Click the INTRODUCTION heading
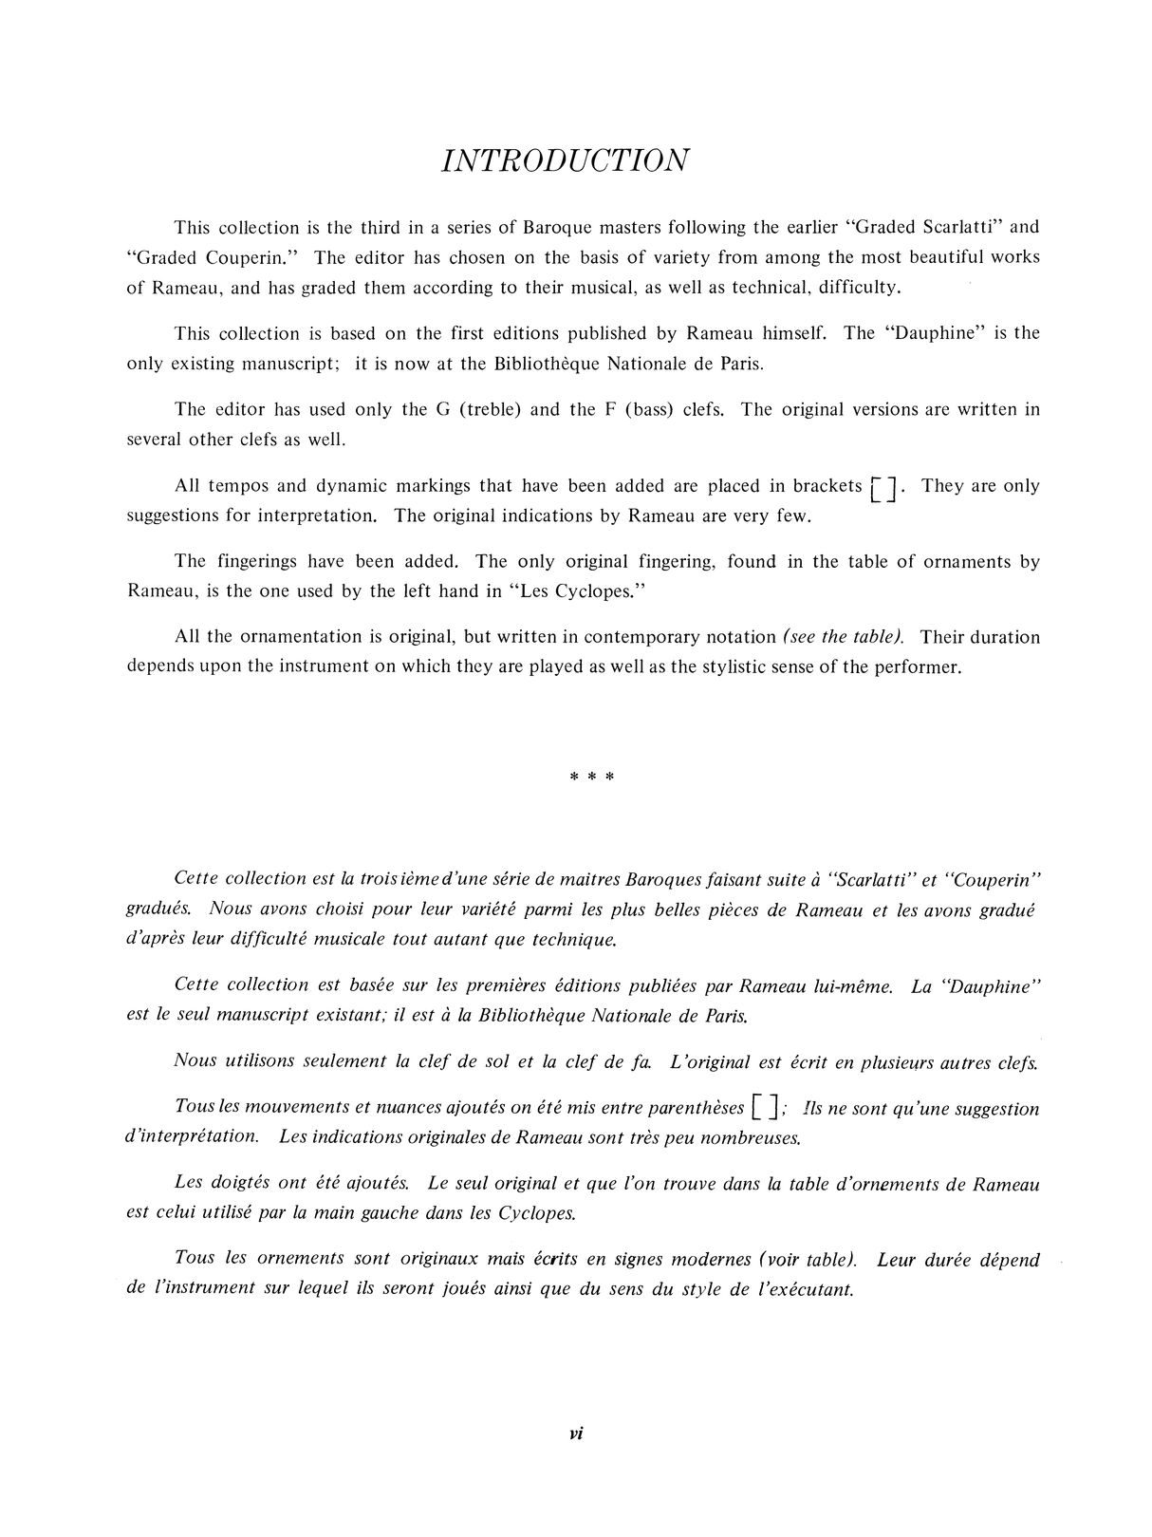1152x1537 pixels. (x=566, y=160)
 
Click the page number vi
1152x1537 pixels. (x=576, y=1434)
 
